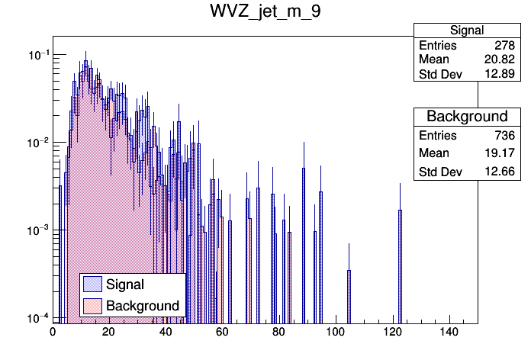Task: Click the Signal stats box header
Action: point(467,31)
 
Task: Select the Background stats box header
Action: point(467,117)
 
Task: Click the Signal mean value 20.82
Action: point(499,60)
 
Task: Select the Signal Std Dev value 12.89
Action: point(499,75)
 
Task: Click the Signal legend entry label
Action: point(126,284)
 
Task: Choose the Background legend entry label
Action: point(143,306)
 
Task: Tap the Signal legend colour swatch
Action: point(93,284)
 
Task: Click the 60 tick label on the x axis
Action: point(222,332)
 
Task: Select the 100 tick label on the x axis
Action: point(335,332)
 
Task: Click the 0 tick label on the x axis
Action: point(53,332)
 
